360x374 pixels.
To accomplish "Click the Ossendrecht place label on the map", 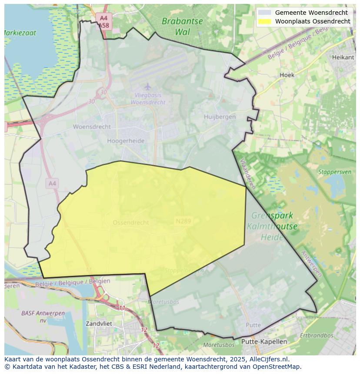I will coord(130,222).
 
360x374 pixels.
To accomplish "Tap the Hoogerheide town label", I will coord(126,141).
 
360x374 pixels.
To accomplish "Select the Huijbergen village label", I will coord(220,116).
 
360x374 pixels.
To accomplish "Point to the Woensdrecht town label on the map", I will coord(92,127).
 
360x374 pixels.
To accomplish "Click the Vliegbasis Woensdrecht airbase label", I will coord(148,99).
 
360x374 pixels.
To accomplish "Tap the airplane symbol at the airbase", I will coord(147,86).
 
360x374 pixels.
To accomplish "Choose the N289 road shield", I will coord(183,221).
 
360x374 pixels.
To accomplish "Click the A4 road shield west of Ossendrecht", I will coord(52,184).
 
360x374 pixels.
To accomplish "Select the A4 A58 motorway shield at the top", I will coord(103,22).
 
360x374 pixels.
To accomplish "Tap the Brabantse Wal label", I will coord(182,26).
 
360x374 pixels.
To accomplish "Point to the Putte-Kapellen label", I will coord(264,341).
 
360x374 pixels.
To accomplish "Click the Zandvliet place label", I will coord(99,324).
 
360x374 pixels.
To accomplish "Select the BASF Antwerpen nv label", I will coord(37,316).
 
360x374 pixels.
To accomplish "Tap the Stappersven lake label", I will coord(334,172).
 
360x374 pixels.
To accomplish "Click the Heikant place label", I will coord(340,57).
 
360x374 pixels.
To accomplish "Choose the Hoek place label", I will coord(287,75).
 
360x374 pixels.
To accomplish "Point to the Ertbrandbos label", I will coord(317,335).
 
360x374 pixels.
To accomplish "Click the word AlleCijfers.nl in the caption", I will coord(267,359).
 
